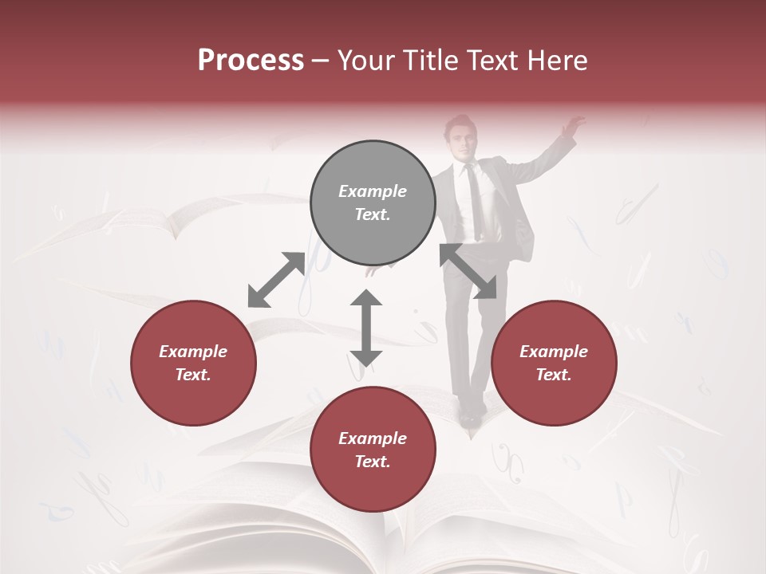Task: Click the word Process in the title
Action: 251,61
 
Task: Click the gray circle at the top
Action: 373,202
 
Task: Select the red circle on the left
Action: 193,363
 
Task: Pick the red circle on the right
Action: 554,363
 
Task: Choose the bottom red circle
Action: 373,450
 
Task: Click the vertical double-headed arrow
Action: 366,328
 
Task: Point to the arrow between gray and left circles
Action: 276,280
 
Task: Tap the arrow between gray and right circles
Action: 468,271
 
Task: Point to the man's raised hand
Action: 572,126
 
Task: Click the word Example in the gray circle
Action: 373,191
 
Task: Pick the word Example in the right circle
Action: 554,352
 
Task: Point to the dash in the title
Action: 320,61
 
